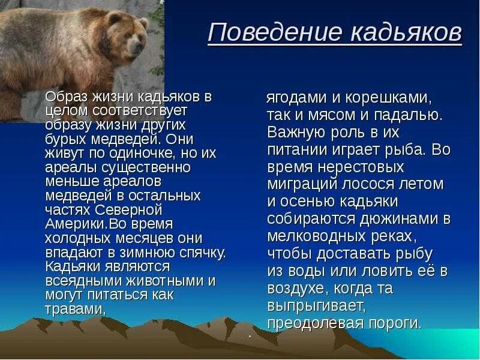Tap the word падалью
(409, 115)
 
